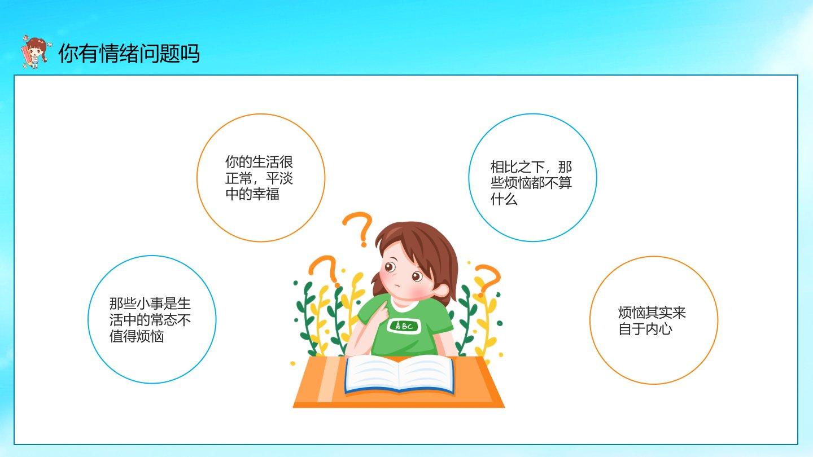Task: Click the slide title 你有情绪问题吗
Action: point(129,54)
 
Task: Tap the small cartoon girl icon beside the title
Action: point(35,52)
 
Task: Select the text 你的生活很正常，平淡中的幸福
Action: point(259,178)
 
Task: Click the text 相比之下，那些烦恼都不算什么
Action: point(531,183)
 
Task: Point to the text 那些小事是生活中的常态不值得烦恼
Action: point(150,319)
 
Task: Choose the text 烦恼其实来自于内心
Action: point(652,320)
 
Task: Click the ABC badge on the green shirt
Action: point(403,326)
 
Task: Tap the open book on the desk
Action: point(399,374)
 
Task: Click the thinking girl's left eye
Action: point(390,267)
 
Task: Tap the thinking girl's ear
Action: point(442,290)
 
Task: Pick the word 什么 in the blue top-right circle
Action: point(504,199)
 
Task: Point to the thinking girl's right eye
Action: point(417,276)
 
